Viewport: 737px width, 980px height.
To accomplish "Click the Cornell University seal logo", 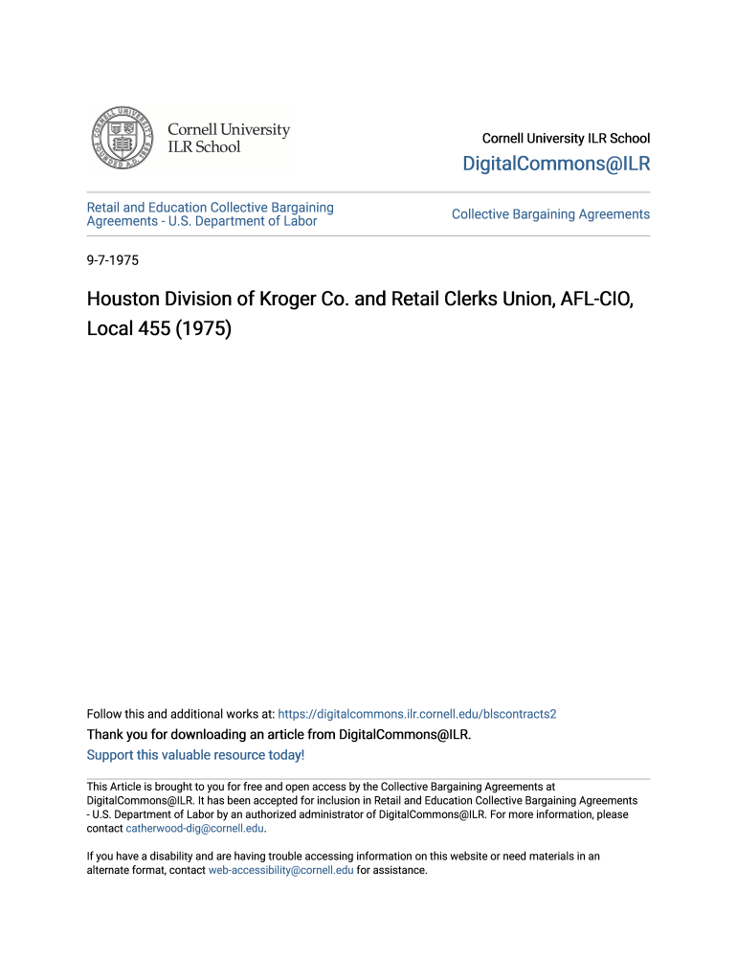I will pos(121,139).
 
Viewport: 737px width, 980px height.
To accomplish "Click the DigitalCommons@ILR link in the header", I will pos(555,164).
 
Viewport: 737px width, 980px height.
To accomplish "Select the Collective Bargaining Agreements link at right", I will pos(550,214).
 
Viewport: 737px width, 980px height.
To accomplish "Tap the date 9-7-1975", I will pos(113,259).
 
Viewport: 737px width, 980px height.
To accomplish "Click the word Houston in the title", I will pos(122,300).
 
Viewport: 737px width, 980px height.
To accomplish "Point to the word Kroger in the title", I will pos(290,300).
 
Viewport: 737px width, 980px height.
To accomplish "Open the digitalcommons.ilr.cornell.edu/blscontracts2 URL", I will pos(416,714).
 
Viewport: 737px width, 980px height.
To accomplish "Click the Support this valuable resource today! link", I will pos(195,755).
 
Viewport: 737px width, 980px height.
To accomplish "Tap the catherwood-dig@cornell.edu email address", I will pos(194,829).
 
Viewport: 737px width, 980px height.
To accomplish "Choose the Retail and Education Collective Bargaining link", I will pos(210,208).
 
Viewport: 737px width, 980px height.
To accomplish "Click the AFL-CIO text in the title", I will pos(590,300).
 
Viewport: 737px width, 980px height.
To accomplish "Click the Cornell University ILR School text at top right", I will pos(566,139).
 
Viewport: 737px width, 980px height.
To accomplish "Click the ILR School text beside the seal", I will pos(204,147).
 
